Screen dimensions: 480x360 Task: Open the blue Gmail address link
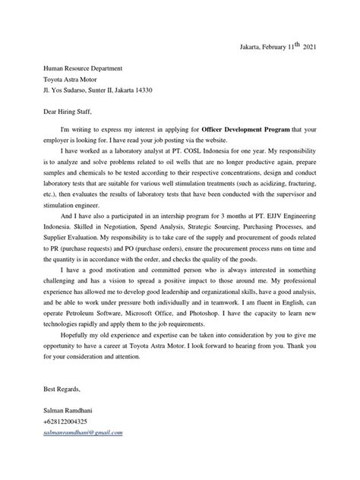coord(83,432)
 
